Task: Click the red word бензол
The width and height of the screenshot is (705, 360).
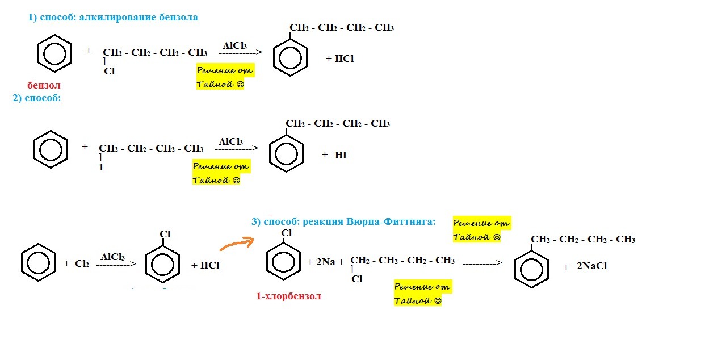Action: point(44,85)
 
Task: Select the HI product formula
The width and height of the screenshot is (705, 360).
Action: point(341,155)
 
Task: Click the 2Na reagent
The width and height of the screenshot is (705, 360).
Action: point(321,262)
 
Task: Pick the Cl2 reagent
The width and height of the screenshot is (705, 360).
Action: point(82,264)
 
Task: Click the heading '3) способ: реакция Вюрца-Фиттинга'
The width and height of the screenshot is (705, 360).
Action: point(343,221)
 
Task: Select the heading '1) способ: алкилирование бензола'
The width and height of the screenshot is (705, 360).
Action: point(113,17)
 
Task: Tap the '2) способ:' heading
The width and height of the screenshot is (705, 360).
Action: point(36,98)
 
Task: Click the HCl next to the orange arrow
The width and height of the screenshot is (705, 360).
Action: point(205,265)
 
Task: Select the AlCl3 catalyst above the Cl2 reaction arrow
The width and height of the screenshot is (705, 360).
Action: point(113,257)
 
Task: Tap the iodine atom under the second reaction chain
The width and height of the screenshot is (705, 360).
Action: point(102,168)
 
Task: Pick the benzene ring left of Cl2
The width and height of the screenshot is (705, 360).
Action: point(38,262)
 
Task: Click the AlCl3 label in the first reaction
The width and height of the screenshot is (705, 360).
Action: point(234,45)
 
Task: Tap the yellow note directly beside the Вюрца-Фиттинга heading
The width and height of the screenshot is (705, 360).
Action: point(481,230)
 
